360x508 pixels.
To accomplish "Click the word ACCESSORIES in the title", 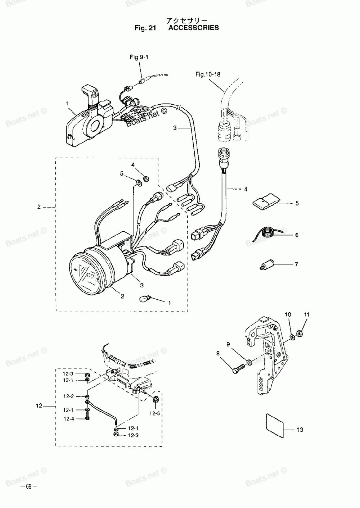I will click(193, 28).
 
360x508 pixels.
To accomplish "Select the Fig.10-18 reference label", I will click(208, 74).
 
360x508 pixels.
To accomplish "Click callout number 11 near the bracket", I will click(306, 314).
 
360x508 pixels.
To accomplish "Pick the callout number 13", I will click(300, 430).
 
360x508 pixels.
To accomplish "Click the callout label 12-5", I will click(155, 413).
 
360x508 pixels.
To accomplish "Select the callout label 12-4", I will click(69, 418).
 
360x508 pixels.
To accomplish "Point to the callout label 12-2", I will click(68, 396).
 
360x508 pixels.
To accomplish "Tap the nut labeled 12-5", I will click(156, 399).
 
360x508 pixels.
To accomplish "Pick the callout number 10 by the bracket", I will click(288, 314).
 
